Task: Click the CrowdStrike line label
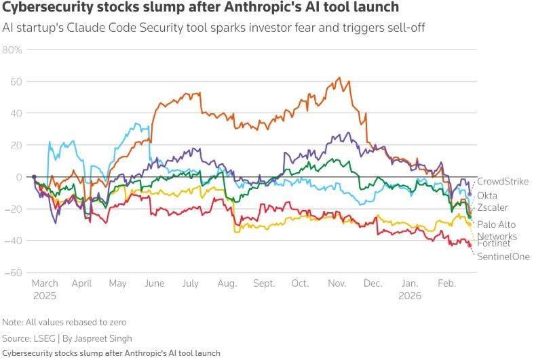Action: pyautogui.click(x=502, y=182)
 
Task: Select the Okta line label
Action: pyautogui.click(x=487, y=195)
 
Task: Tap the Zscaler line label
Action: pyautogui.click(x=493, y=207)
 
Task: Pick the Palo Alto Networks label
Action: pyautogui.click(x=497, y=230)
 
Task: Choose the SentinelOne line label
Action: pyautogui.click(x=503, y=256)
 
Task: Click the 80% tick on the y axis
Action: pyautogui.click(x=13, y=50)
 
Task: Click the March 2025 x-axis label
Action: pyautogui.click(x=45, y=289)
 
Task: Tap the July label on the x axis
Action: pyautogui.click(x=190, y=283)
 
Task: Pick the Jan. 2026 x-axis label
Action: pyautogui.click(x=410, y=289)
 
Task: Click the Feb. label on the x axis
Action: pyautogui.click(x=446, y=283)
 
